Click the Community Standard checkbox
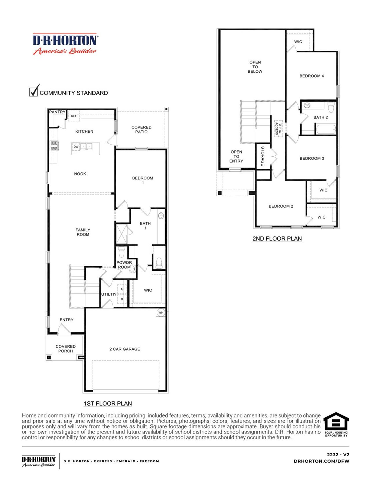34,92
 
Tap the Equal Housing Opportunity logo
336,424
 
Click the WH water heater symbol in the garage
161,312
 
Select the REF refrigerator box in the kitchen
74,116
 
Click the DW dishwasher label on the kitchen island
76,147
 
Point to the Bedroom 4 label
312,76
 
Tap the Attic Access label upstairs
278,128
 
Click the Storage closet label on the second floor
263,156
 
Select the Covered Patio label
141,130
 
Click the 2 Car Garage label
125,349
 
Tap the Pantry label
57,112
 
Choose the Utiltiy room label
109,294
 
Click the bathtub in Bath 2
326,129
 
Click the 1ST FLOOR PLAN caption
108,403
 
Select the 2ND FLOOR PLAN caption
277,239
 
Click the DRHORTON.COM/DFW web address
321,461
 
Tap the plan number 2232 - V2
338,454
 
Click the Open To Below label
255,67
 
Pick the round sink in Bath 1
161,216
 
